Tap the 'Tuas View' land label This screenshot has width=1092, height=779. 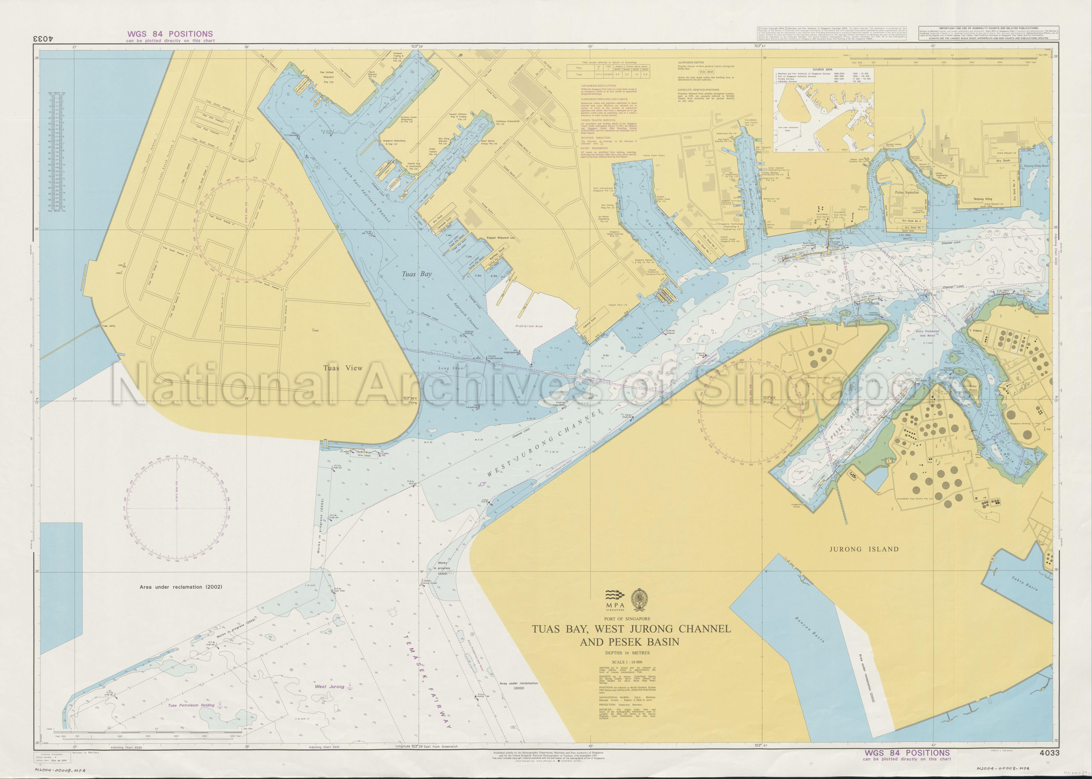[x=343, y=368]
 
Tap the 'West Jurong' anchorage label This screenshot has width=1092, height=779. [x=330, y=686]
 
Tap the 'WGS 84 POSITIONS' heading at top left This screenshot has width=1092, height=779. [x=170, y=34]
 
